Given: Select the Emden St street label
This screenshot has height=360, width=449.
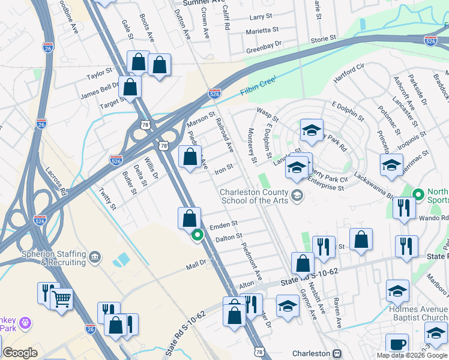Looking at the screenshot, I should [224, 226].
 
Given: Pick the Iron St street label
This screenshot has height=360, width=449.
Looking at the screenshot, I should [223, 168].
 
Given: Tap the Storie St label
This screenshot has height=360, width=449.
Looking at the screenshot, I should [324, 38].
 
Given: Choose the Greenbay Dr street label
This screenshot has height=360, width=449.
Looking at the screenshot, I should [264, 50].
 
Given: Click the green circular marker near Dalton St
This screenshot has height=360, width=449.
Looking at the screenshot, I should [197, 236].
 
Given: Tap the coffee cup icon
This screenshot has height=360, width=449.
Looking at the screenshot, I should [397, 344].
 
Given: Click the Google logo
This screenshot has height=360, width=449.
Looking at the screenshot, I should [20, 353].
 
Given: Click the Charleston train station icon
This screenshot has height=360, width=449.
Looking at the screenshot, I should [337, 353].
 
